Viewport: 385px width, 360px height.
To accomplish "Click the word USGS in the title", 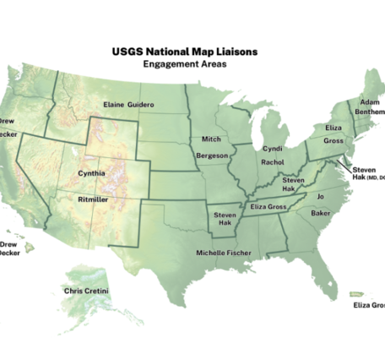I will [127, 52].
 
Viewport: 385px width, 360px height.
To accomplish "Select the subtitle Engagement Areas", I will [185, 63].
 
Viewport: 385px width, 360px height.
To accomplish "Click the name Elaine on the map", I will [114, 104].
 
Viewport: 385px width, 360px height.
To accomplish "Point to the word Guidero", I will [141, 104].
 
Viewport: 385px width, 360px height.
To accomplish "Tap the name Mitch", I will [211, 139].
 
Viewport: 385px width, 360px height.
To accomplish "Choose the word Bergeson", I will [211, 155].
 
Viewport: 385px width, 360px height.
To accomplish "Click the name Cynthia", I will [91, 173].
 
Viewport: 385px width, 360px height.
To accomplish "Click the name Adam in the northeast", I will [370, 101].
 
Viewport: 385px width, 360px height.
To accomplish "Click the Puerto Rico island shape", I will [359, 294].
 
